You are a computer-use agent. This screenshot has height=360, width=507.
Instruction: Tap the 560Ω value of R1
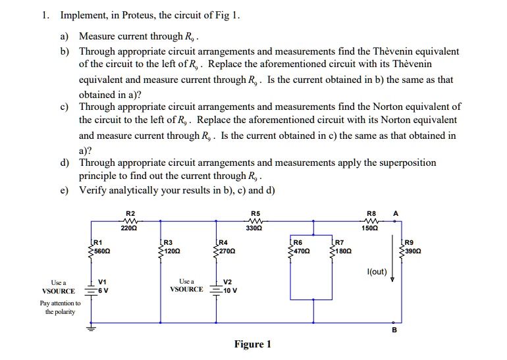coord(101,251)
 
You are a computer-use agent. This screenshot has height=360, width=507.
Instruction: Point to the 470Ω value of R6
coord(303,251)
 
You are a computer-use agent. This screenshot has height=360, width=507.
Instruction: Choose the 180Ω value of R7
coord(345,251)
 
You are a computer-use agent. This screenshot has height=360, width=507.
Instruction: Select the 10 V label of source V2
coord(230,290)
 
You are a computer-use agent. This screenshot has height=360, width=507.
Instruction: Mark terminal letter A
coord(395,213)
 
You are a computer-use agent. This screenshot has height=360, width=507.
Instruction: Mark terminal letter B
coord(394,331)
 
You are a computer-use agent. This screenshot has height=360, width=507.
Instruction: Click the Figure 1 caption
coord(253,344)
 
